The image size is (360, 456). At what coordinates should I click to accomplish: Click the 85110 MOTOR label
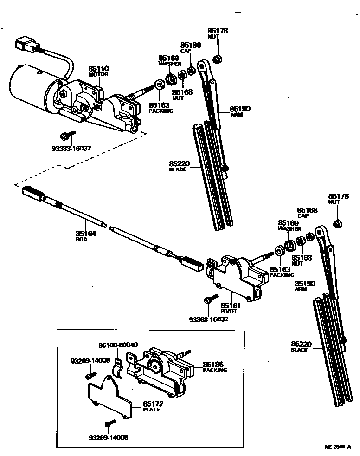(98, 71)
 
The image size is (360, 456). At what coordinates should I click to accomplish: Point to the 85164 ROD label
(86, 236)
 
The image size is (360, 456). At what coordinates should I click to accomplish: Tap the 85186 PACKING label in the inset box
(215, 367)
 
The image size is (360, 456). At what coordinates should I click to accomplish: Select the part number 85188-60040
(118, 345)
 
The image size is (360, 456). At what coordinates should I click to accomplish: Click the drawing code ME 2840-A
(337, 447)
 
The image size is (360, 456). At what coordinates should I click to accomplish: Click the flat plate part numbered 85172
(109, 397)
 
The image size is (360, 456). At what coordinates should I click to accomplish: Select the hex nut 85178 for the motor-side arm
(216, 59)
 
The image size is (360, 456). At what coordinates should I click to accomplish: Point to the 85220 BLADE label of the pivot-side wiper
(301, 346)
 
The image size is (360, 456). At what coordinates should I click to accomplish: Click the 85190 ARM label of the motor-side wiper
(240, 111)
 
